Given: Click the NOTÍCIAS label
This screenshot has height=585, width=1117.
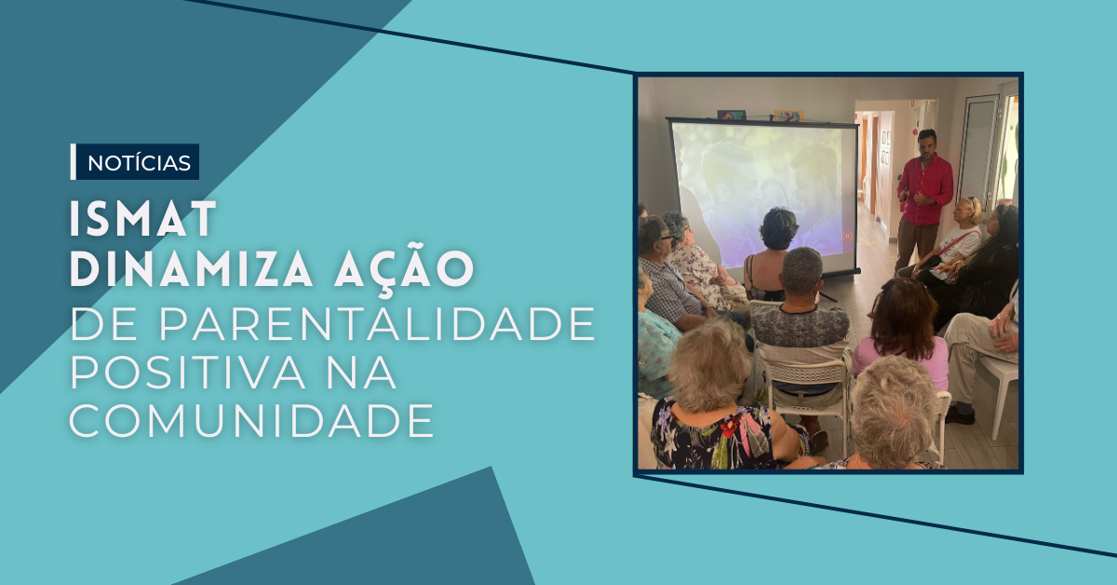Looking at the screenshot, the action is point(139,162).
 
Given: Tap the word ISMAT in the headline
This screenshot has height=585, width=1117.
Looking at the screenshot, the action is point(143,219).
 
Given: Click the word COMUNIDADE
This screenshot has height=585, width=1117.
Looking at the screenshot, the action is point(251,422).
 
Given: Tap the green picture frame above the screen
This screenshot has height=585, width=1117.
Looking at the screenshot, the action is point(732,115).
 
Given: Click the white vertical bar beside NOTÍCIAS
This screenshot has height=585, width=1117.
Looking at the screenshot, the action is point(74,162).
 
